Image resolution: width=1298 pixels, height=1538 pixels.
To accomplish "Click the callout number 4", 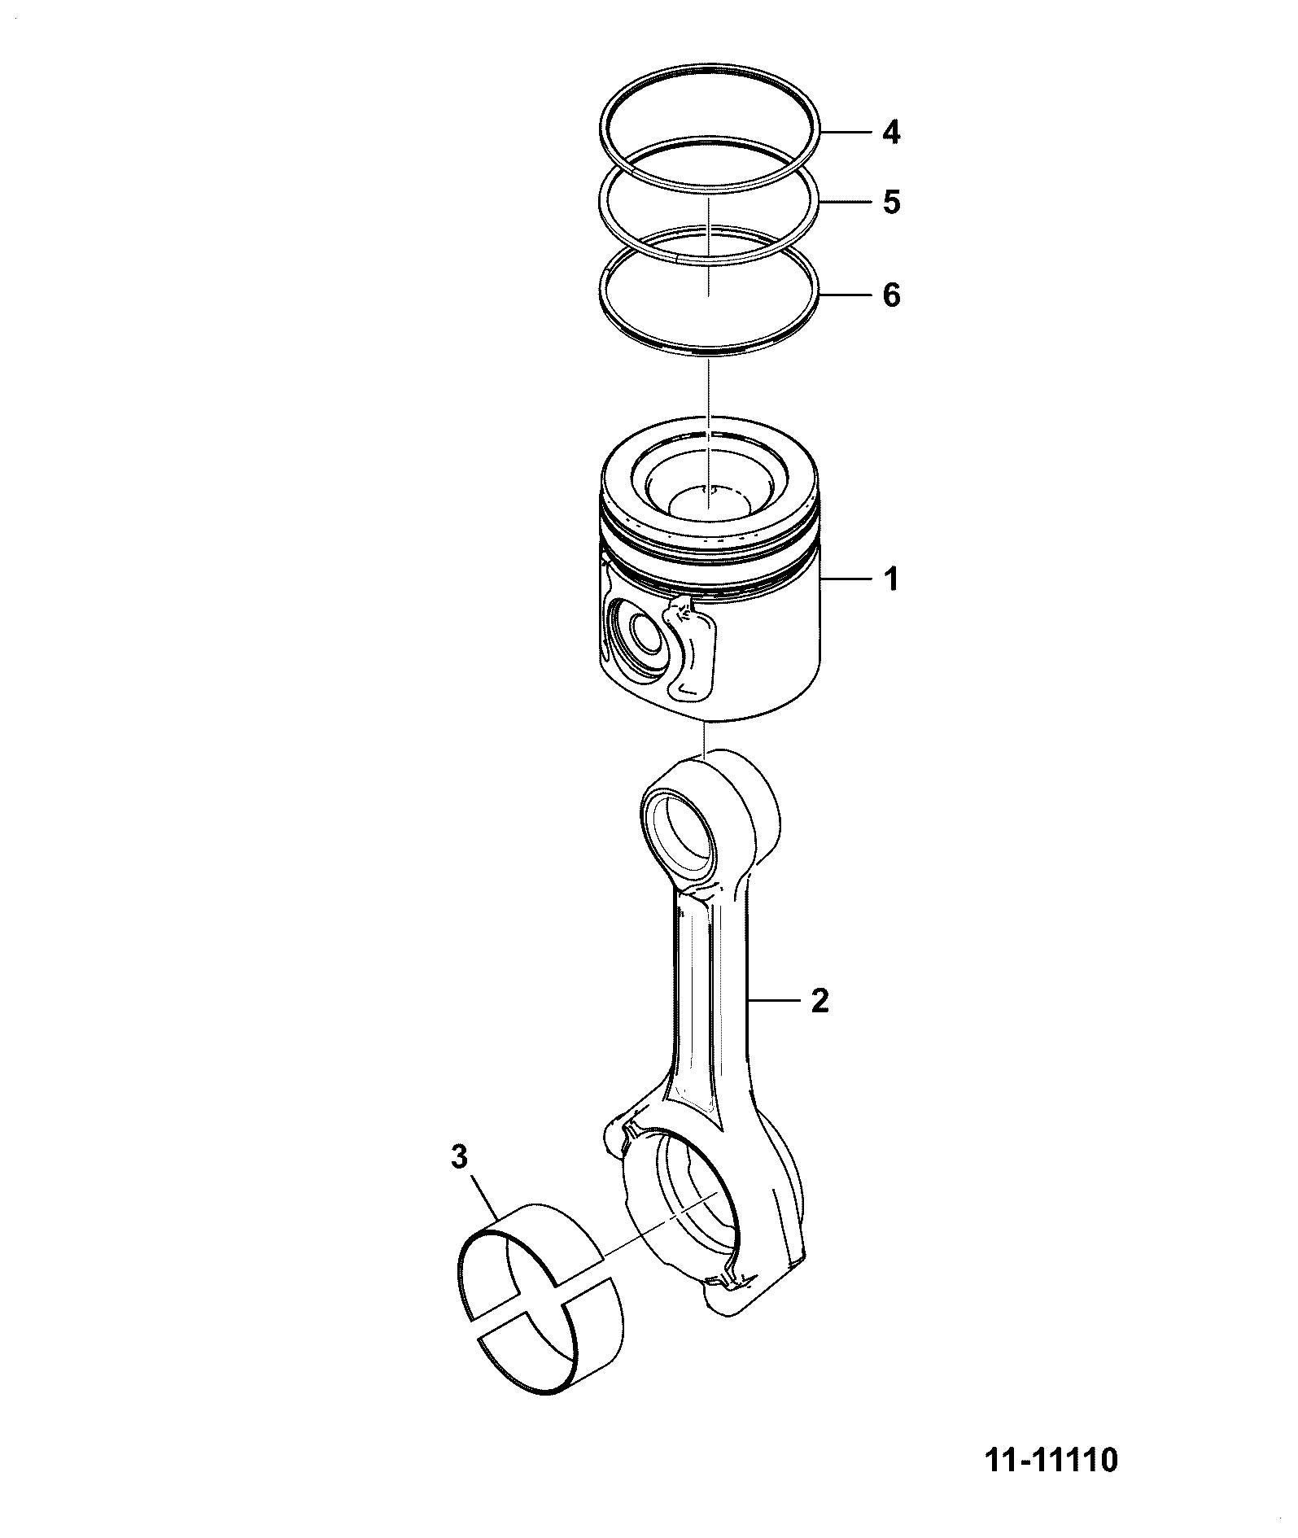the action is (x=892, y=132).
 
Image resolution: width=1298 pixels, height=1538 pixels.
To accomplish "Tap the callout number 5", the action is (x=892, y=201).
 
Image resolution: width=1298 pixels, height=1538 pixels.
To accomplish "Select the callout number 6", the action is (x=892, y=295).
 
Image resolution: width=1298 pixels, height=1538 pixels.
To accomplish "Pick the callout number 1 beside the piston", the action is (x=892, y=580).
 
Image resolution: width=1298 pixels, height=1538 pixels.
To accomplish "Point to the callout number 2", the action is (x=819, y=1000).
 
